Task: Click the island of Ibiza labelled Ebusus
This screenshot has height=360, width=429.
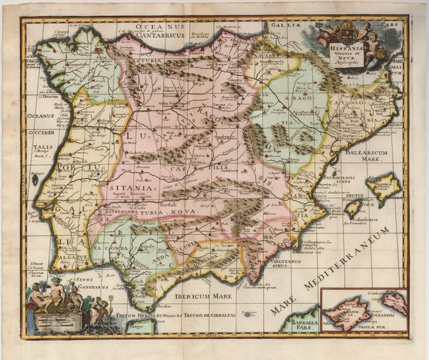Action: [353, 209]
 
